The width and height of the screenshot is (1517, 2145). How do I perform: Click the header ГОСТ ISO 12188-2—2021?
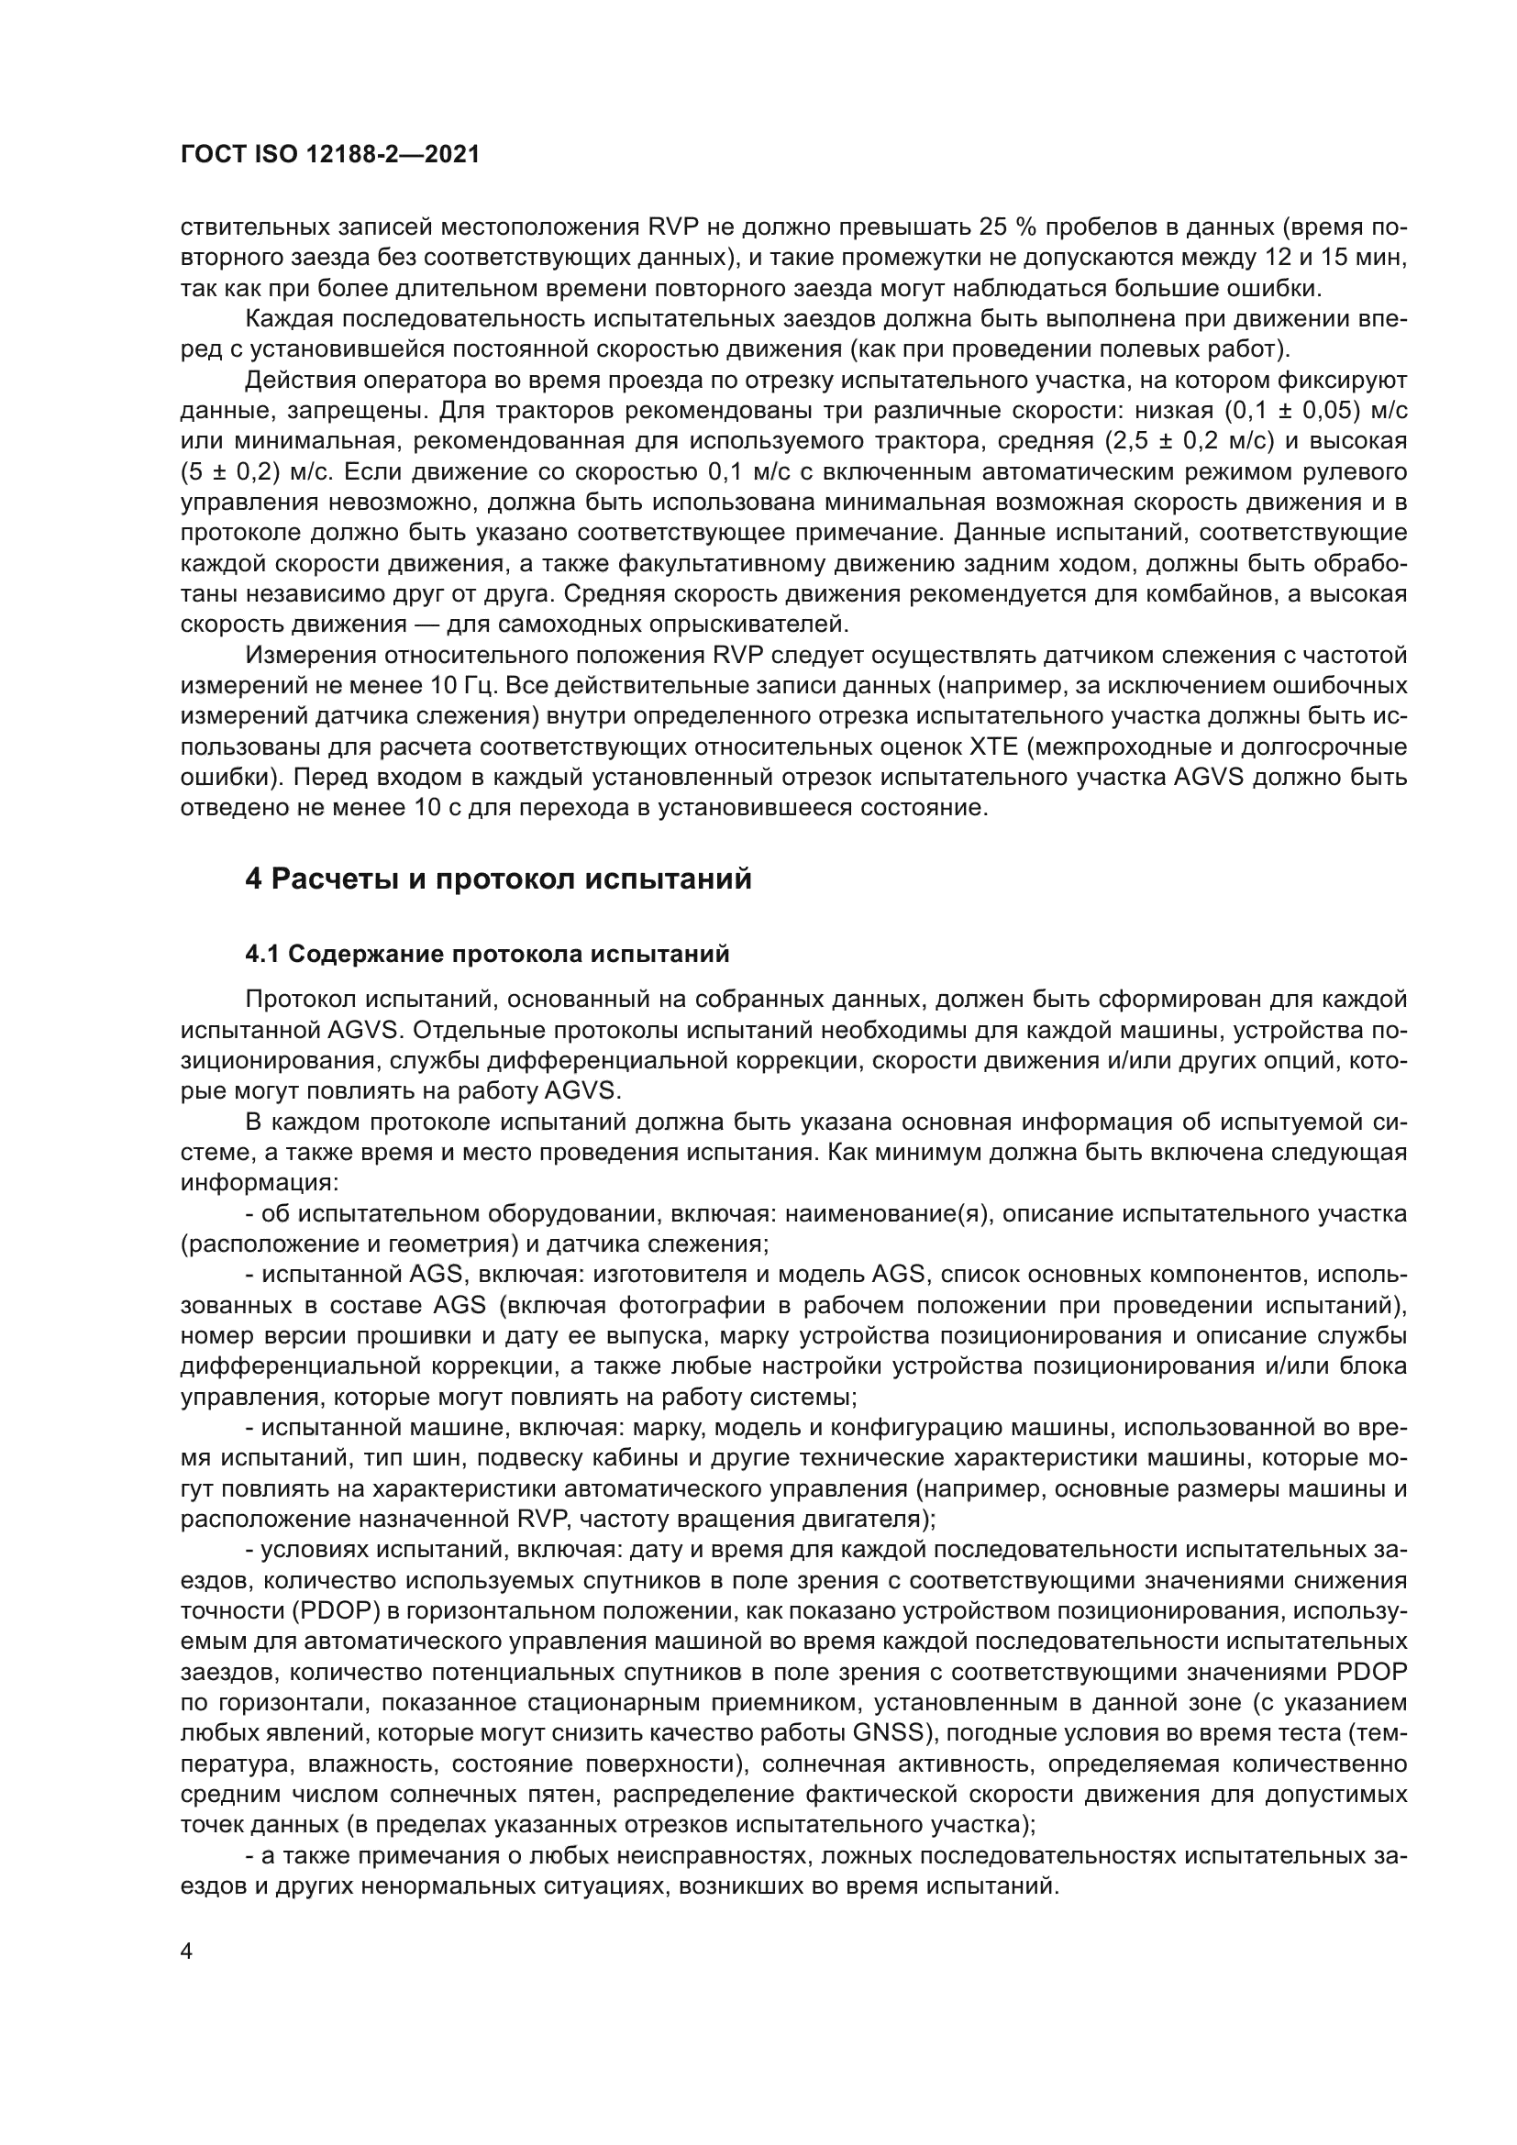point(330,155)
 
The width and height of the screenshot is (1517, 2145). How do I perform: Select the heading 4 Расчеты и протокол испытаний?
point(498,879)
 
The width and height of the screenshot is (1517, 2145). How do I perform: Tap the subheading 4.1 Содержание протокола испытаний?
point(487,954)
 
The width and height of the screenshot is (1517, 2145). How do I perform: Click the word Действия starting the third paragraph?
point(300,381)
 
